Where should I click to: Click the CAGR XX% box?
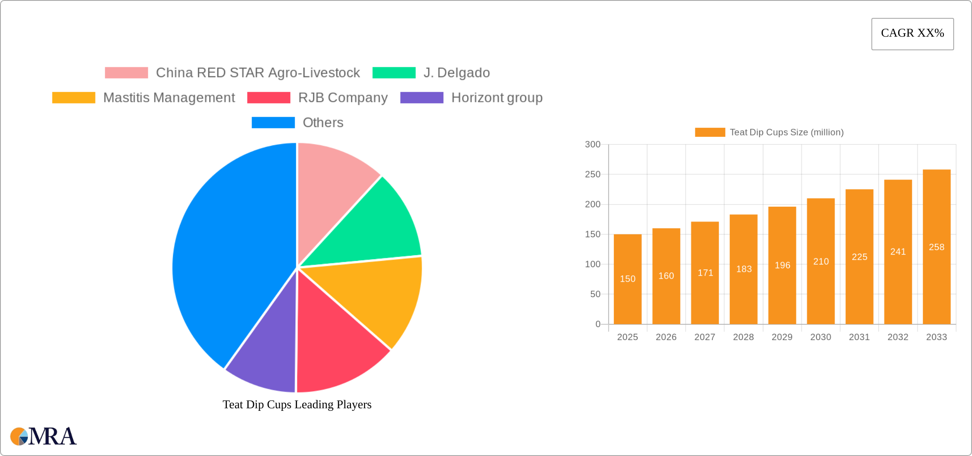pyautogui.click(x=912, y=34)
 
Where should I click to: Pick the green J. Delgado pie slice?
pyautogui.click(x=375, y=226)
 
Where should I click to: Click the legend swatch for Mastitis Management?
pyautogui.click(x=74, y=98)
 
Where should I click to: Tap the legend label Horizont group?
pyautogui.click(x=497, y=98)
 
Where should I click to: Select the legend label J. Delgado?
pyautogui.click(x=457, y=73)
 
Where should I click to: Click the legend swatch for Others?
pyautogui.click(x=273, y=123)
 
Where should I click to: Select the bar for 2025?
pyautogui.click(x=628, y=279)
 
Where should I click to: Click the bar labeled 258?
pyautogui.click(x=937, y=247)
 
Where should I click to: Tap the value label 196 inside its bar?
pyautogui.click(x=782, y=265)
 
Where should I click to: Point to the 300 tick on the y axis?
pyautogui.click(x=593, y=144)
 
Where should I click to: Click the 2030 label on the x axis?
pyautogui.click(x=821, y=337)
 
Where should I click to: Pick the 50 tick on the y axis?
pyautogui.click(x=595, y=294)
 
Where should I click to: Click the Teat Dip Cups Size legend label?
pyautogui.click(x=787, y=133)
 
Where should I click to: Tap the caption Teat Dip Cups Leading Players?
pyautogui.click(x=297, y=404)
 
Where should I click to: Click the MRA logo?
pyautogui.click(x=43, y=436)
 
